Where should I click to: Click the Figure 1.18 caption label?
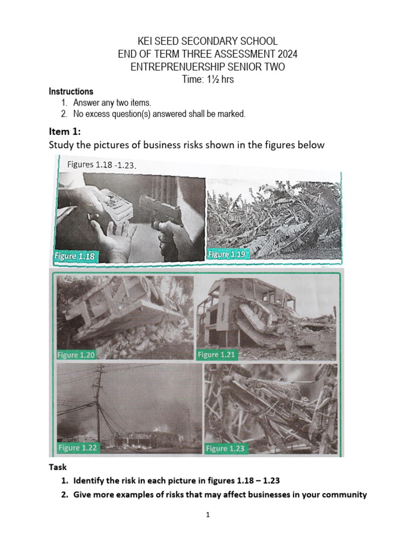74,256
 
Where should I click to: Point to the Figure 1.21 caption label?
216,355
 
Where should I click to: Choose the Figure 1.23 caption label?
224,449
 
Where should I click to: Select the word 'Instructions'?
71,91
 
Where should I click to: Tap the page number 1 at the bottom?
207,515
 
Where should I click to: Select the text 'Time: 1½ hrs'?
207,80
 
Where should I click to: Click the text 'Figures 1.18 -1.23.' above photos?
101,164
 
